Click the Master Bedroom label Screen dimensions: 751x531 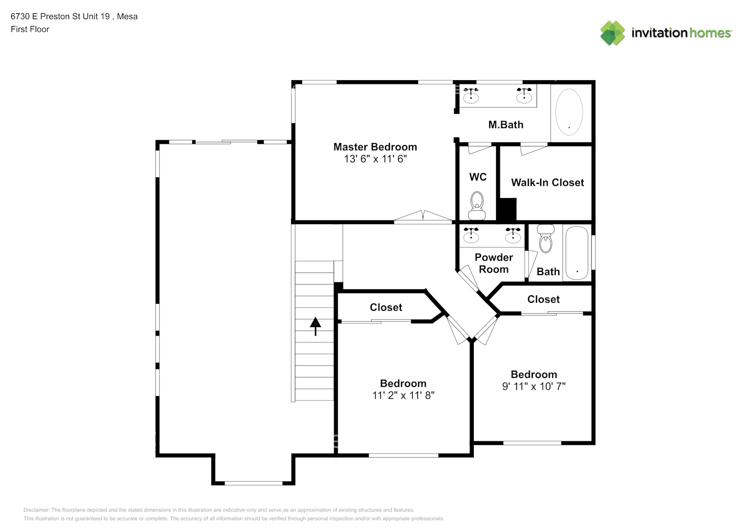[375, 147]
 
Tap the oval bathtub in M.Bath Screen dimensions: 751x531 [569, 112]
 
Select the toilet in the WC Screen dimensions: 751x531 [477, 205]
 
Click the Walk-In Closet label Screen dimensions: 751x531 [547, 182]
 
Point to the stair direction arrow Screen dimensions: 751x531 [315, 327]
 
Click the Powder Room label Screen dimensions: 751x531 [493, 263]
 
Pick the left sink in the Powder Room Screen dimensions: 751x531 [471, 235]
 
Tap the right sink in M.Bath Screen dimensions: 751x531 [524, 95]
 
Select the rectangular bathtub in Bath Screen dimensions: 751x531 [577, 253]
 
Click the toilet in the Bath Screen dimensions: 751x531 [545, 238]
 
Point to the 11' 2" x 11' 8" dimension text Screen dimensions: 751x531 [403, 396]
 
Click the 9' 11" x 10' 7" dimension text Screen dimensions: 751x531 [534, 387]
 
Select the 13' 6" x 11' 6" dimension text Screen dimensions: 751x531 [375, 159]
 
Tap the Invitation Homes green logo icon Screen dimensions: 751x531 [612, 33]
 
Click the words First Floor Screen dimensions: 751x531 [30, 29]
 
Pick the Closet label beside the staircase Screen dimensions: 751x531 [386, 307]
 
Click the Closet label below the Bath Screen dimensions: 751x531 [543, 299]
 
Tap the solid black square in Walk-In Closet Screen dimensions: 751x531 [508, 209]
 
